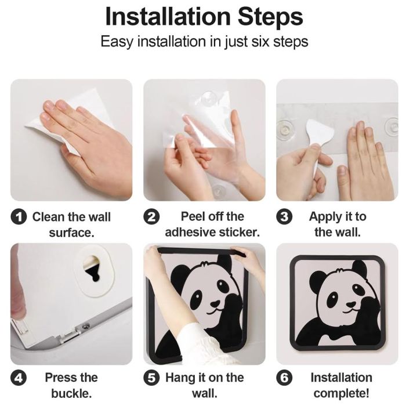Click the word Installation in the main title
(x=168, y=17)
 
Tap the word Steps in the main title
(x=270, y=17)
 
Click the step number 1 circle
(x=19, y=217)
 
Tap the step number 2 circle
(x=151, y=217)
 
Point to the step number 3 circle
(x=284, y=217)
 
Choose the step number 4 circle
(x=19, y=378)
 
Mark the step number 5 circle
(x=151, y=378)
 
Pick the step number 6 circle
(x=284, y=378)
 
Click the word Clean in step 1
(x=48, y=217)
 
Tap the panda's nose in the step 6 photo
(x=350, y=303)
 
